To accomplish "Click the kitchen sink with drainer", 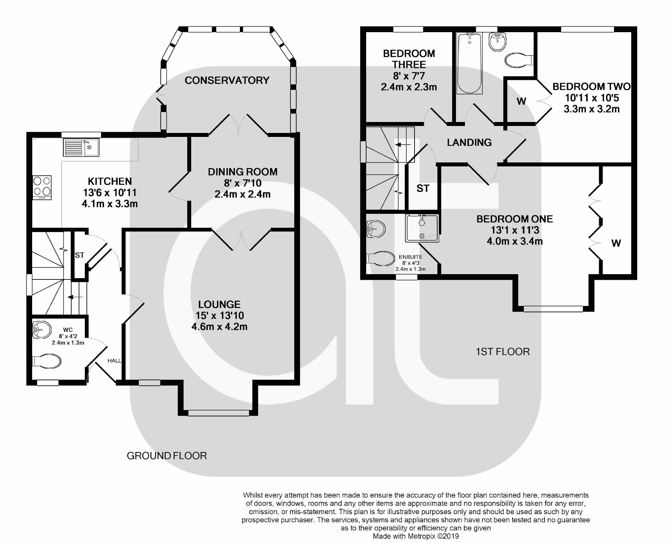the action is (81, 147).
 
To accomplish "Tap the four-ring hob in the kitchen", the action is (42, 187).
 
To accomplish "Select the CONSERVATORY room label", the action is (227, 80).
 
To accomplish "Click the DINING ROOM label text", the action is (243, 172).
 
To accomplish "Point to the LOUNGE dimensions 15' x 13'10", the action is (220, 315).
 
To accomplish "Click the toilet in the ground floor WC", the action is (47, 361).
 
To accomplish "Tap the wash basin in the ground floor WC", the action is (42, 330).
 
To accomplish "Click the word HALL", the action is (114, 361).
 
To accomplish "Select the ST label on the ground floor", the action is (80, 255).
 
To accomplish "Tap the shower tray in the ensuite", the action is (422, 228).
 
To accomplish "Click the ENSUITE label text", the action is (411, 257).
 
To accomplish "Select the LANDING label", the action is (469, 143).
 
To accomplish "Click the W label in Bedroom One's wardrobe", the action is (616, 244).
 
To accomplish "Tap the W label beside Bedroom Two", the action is (521, 101).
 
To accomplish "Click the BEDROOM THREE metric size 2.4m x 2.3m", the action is (409, 87).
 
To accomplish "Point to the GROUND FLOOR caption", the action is (167, 456).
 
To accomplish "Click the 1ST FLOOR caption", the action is (503, 351).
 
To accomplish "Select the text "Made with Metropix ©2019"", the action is (416, 536).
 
